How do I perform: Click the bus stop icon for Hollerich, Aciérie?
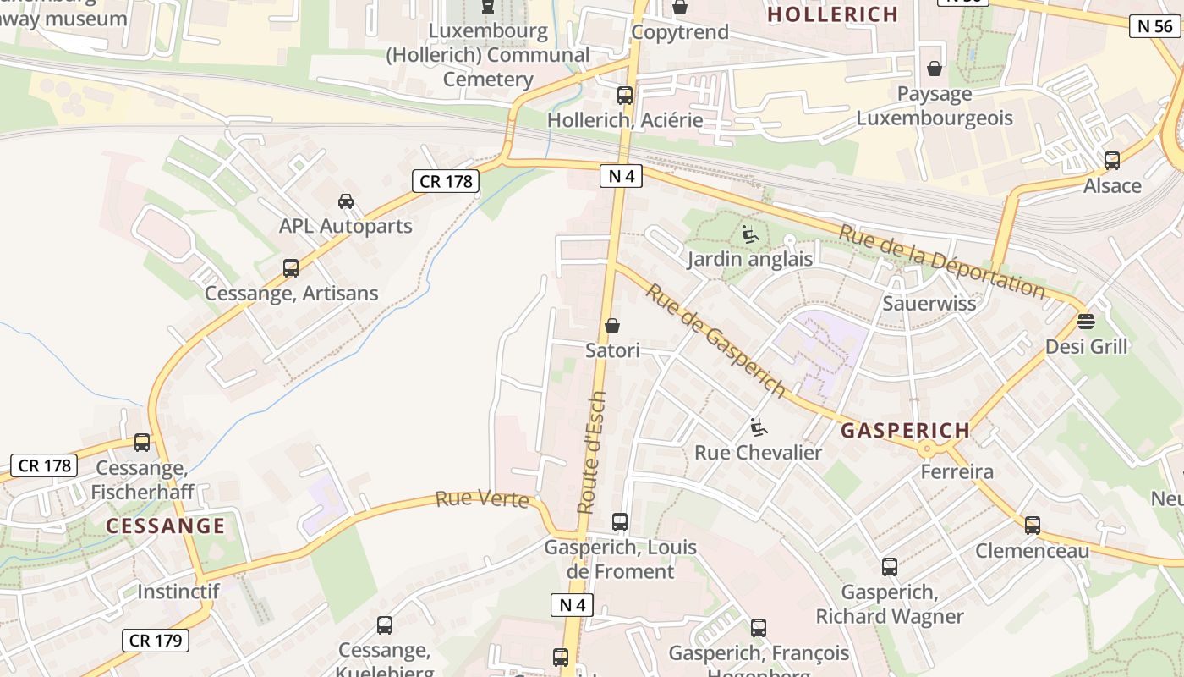coord(625,96)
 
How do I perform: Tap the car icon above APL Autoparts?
coord(345,201)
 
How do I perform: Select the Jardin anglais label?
coord(749,259)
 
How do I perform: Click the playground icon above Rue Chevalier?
coord(759,428)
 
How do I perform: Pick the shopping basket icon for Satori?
coord(612,326)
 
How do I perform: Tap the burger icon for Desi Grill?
coord(1086,322)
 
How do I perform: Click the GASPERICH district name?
coord(905,430)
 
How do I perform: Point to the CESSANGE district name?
coord(166,526)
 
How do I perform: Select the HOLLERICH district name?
coord(832,14)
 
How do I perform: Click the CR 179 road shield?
coord(156,641)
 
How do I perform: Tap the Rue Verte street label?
coord(482,499)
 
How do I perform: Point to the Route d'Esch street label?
coord(592,452)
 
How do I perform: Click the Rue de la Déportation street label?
coord(941,261)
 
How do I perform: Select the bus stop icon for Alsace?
coord(1112,161)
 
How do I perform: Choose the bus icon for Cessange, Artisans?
coord(291,269)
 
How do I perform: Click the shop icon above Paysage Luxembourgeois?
coord(935,69)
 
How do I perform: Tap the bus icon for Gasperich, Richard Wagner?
coord(890,567)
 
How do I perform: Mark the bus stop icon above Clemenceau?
coord(1032,526)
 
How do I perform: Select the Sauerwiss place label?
coord(929,303)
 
